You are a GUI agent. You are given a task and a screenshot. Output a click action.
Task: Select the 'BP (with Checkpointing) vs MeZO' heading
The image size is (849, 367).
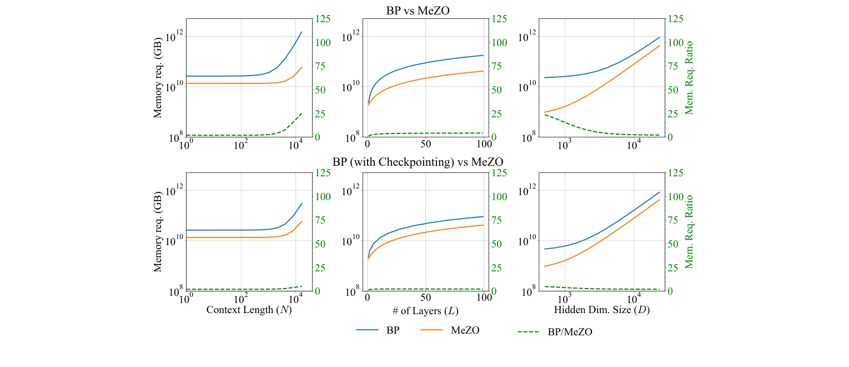418,162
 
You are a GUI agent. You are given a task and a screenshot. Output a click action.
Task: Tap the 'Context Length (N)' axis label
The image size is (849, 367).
249,310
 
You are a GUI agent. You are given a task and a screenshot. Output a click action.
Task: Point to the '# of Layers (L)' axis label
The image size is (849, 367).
425,310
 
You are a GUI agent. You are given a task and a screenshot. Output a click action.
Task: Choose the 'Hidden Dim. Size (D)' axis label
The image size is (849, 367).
601,310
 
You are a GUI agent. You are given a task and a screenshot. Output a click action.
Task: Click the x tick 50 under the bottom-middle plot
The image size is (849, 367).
425,297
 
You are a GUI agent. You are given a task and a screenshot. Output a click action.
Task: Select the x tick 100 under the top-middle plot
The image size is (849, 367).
484,143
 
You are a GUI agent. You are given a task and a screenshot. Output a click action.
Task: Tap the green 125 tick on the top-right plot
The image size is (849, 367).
675,19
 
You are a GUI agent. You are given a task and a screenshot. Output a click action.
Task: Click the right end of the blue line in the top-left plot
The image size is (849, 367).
302,32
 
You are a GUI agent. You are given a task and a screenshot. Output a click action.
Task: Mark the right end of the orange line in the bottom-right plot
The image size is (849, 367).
660,200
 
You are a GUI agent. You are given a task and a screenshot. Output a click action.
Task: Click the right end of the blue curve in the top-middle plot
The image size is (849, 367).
484,55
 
